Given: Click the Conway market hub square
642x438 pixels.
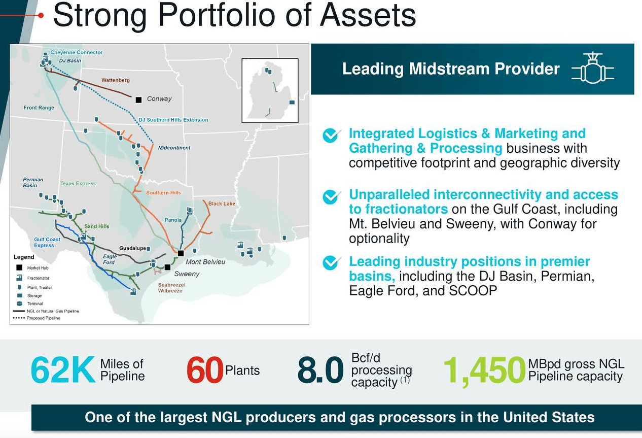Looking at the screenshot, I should pos(138,100).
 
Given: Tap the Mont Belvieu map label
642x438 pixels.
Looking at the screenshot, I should pos(205,262).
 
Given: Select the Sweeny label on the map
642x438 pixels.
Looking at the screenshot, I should pos(187,274).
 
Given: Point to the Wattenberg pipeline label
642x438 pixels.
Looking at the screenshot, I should pos(115,80).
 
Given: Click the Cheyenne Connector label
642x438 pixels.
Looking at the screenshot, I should pos(76,52).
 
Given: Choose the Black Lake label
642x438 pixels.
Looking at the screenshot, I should pos(222,204).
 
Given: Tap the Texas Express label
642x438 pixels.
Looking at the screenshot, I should pos(78,184).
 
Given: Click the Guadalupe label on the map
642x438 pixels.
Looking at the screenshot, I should pos(132,248).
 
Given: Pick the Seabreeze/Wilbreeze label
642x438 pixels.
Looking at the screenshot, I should pos(171,288).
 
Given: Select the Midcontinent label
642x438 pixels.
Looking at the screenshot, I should pos(174,148).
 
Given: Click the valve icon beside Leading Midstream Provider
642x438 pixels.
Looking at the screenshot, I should pos(593,69).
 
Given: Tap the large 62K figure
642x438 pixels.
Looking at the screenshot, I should pos(63,370).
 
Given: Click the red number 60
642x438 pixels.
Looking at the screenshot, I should pos(205,370).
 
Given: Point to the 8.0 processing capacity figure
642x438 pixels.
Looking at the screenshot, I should pos(320,370).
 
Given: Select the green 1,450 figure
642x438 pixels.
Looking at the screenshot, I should pos(484,370).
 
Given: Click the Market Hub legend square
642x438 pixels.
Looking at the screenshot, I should pos(19,267).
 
